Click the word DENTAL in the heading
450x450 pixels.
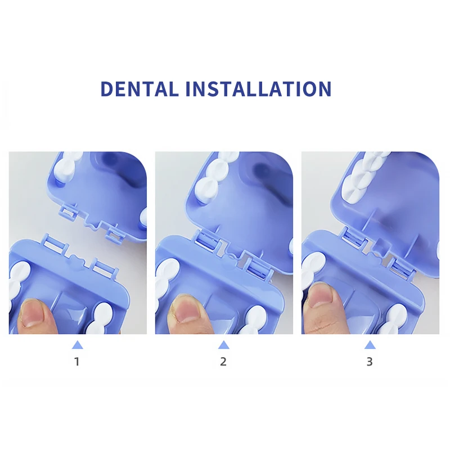[139, 89]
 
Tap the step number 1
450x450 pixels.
[76, 362]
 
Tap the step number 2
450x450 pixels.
[223, 362]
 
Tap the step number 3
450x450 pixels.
[370, 362]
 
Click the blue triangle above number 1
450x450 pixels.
[78, 345]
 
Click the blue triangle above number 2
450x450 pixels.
[224, 345]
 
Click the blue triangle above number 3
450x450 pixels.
[370, 345]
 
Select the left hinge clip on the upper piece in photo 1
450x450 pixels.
[68, 211]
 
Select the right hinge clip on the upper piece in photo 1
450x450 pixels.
[115, 233]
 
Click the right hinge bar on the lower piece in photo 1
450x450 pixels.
[105, 268]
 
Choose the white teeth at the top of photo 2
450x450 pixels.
[216, 174]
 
